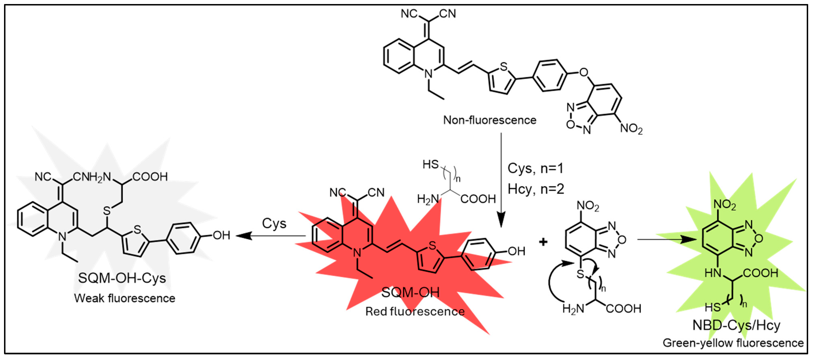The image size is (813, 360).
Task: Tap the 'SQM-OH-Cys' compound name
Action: click(x=122, y=278)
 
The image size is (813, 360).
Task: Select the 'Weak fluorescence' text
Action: click(x=125, y=298)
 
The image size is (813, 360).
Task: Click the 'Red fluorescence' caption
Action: click(x=415, y=311)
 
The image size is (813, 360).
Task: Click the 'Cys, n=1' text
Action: click(x=535, y=168)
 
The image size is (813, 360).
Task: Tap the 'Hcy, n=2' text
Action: click(x=536, y=189)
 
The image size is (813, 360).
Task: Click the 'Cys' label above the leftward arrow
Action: click(x=274, y=224)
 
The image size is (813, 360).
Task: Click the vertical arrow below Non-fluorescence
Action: click(x=501, y=180)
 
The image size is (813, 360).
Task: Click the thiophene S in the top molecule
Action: click(x=504, y=67)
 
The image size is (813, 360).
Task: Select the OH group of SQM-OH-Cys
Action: click(x=221, y=235)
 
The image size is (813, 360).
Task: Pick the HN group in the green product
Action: click(x=713, y=273)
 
